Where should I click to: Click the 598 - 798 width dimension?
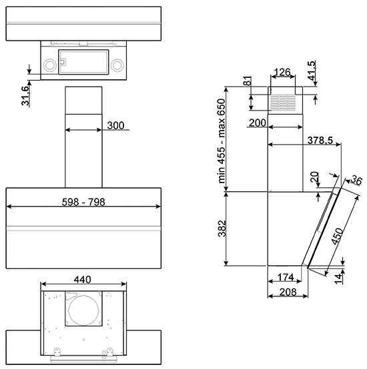pyautogui.click(x=83, y=202)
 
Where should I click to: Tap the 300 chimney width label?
pyautogui.click(x=115, y=125)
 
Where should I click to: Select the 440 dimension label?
pyautogui.click(x=82, y=280)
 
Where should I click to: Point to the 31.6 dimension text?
pyautogui.click(x=25, y=95)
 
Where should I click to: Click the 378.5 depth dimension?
pyautogui.click(x=320, y=141)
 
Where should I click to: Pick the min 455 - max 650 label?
pyautogui.click(x=222, y=141)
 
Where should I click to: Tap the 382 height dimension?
pyautogui.click(x=222, y=228)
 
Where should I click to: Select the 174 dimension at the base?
pyautogui.click(x=285, y=278)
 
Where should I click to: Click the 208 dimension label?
pyautogui.click(x=288, y=292)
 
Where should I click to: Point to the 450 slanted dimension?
pyautogui.click(x=338, y=236)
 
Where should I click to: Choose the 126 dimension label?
pyautogui.click(x=282, y=72)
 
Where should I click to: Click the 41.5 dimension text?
pyautogui.click(x=311, y=71)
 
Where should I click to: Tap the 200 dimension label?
pyautogui.click(x=258, y=123)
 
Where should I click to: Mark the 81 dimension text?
pyautogui.click(x=248, y=81)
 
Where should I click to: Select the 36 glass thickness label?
pyautogui.click(x=356, y=181)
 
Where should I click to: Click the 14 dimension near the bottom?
pyautogui.click(x=339, y=279)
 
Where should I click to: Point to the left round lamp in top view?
pyautogui.click(x=50, y=65)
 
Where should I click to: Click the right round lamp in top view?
pyautogui.click(x=117, y=65)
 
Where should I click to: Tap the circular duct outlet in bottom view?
pyautogui.click(x=83, y=310)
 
